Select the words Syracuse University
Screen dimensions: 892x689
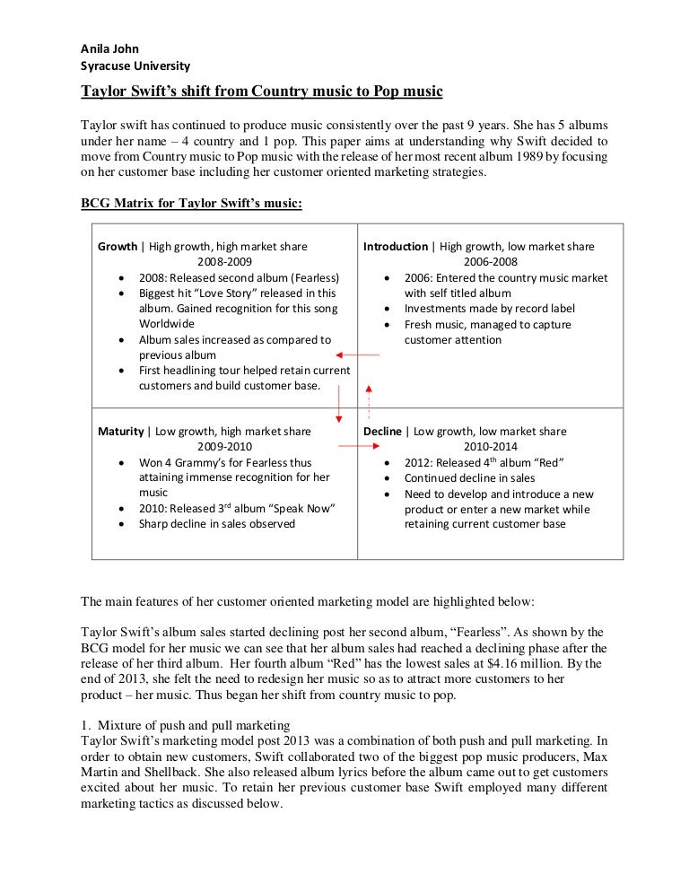click(135, 66)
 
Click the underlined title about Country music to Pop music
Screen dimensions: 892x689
click(262, 92)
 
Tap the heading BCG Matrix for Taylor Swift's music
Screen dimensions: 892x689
click(192, 204)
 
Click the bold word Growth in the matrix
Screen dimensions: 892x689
click(118, 247)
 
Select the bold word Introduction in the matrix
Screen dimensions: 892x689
click(396, 247)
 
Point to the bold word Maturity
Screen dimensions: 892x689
click(120, 432)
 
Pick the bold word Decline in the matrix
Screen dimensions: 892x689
click(382, 432)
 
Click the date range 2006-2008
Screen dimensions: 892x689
click(491, 262)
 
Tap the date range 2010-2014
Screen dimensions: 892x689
click(491, 447)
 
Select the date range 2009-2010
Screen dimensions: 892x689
click(224, 447)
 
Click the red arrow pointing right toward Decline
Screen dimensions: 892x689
click(348, 446)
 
